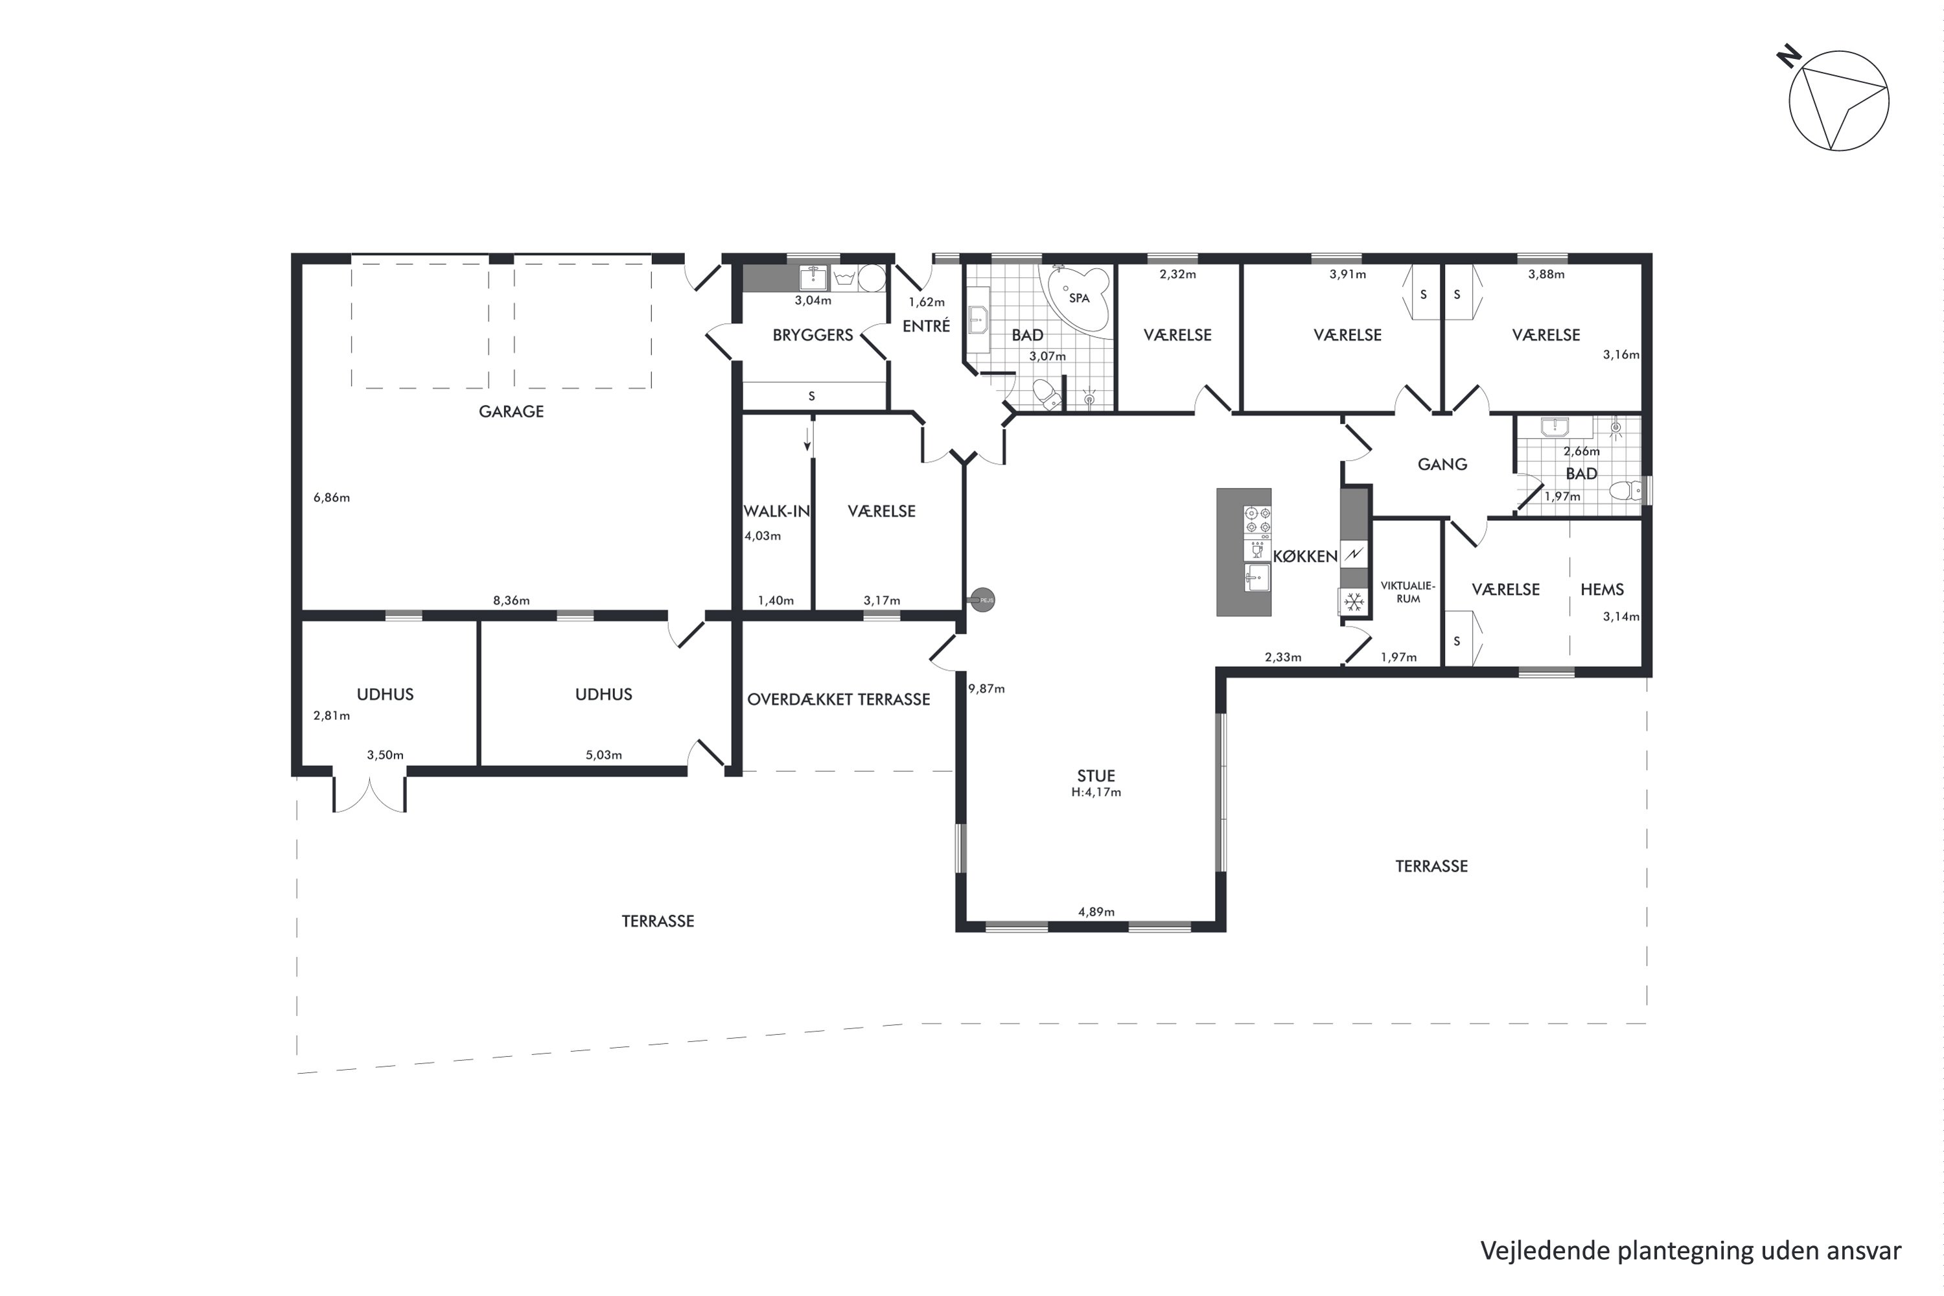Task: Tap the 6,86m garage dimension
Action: click(x=331, y=498)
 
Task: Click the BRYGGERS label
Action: click(x=813, y=335)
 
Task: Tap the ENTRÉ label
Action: click(x=926, y=326)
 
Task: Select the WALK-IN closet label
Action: click(x=776, y=511)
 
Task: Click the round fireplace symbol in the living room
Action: click(x=983, y=600)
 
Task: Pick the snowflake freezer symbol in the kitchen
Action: click(x=1354, y=603)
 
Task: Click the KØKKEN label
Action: click(x=1305, y=556)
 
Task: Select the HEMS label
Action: click(x=1602, y=589)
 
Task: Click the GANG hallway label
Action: click(x=1442, y=465)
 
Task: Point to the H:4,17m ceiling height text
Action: click(x=1096, y=792)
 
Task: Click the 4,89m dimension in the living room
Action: click(x=1096, y=912)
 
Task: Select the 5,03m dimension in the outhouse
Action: click(x=603, y=755)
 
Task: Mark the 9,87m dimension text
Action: click(x=987, y=688)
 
